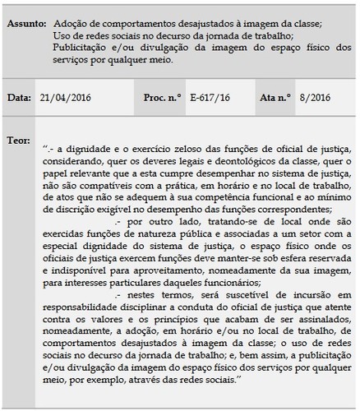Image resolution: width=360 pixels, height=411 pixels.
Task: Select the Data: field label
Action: (19, 98)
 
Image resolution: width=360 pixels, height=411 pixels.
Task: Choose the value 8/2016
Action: (313, 98)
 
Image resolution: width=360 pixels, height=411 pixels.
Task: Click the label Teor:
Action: (19, 134)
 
